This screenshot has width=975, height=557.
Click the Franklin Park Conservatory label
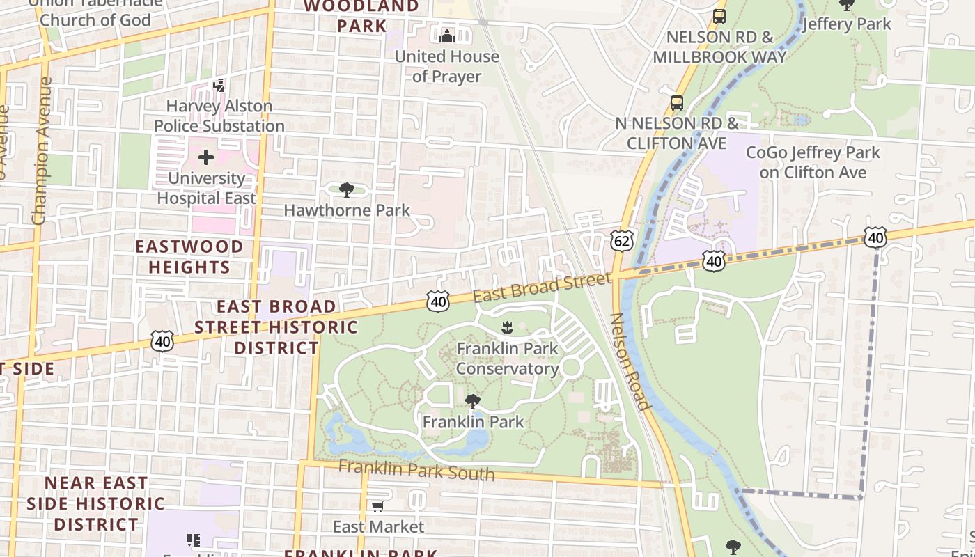click(507, 358)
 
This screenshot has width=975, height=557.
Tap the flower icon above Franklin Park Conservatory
click(508, 327)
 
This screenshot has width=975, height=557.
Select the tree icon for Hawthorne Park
click(346, 190)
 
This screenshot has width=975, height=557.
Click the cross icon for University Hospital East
click(206, 157)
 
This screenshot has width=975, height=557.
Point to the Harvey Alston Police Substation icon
click(219, 86)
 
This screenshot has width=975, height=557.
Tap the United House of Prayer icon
click(446, 35)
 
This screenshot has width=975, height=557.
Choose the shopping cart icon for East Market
click(377, 506)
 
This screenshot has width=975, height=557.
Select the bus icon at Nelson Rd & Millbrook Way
click(719, 16)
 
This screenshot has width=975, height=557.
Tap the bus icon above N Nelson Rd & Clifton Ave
click(676, 103)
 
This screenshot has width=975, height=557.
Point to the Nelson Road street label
click(630, 361)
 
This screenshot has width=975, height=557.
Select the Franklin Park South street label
click(416, 470)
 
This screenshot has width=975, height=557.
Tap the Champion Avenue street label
click(42, 150)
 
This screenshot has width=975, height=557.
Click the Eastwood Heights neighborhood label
click(189, 256)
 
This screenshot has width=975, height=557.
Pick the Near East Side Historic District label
click(96, 503)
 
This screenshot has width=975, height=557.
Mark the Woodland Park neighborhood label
click(361, 16)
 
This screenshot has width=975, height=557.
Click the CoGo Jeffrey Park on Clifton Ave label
click(813, 162)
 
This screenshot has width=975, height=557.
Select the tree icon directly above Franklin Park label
click(472, 402)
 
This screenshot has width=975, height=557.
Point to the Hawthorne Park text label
click(347, 210)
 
